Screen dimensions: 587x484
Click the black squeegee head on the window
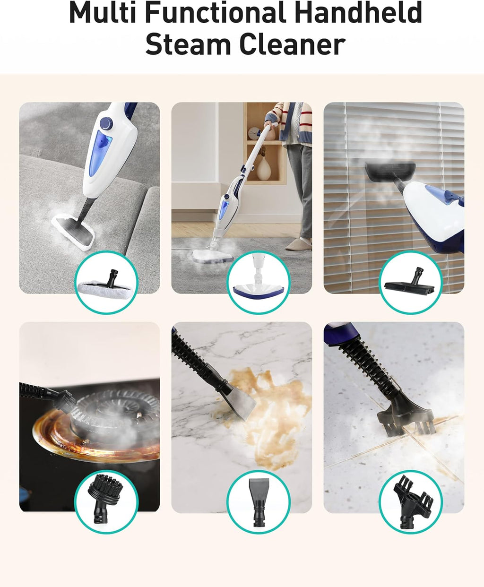pyautogui.click(x=389, y=168)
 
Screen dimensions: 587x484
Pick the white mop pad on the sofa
pyautogui.click(x=74, y=232)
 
